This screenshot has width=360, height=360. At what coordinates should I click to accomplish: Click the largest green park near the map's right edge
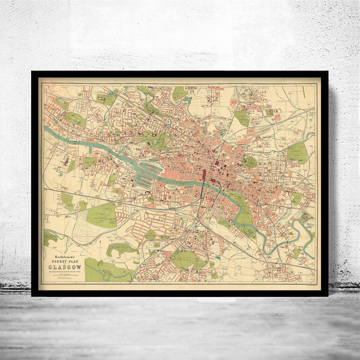tap(296, 152)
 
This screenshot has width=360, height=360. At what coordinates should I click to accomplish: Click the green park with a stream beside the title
tap(104, 270)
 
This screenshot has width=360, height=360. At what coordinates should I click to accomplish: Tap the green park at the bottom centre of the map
tap(183, 259)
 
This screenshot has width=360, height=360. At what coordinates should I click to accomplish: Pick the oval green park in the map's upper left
tap(76, 119)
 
